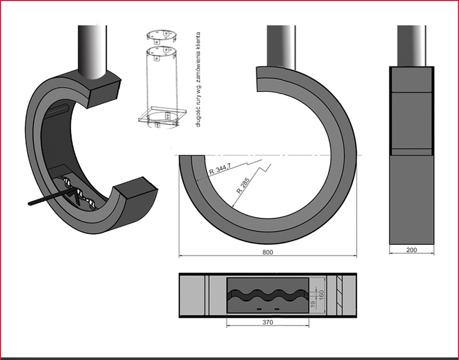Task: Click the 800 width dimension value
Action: [x=267, y=252]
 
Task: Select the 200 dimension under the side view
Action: [x=412, y=250]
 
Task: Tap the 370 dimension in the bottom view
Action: [x=267, y=322]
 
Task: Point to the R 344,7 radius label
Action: [x=220, y=169]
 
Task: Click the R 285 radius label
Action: [x=242, y=185]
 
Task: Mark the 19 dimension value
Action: [x=313, y=304]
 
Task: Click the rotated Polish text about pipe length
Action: [x=198, y=79]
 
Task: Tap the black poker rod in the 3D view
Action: [x=52, y=196]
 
